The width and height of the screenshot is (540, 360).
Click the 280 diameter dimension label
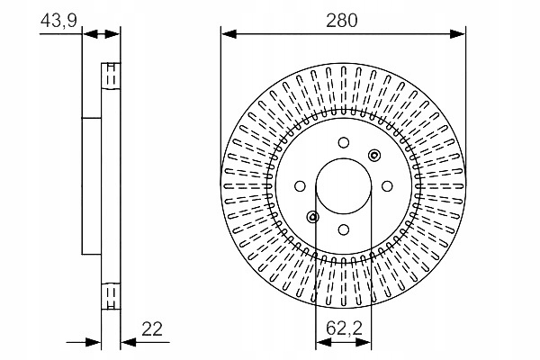click(x=344, y=20)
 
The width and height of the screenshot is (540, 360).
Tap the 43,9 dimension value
click(x=58, y=20)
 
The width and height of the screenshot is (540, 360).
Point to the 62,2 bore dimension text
click(x=343, y=329)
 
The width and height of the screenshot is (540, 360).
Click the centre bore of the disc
click(x=343, y=185)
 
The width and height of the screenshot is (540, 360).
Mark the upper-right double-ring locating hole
click(x=374, y=155)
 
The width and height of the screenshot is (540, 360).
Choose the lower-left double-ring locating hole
click(x=312, y=216)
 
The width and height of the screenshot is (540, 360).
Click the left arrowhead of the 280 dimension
click(x=228, y=34)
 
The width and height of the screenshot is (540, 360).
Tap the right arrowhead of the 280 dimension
click(x=460, y=34)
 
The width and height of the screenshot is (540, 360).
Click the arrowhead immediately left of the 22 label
click(x=127, y=342)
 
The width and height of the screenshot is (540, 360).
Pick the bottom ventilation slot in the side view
click(x=111, y=294)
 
